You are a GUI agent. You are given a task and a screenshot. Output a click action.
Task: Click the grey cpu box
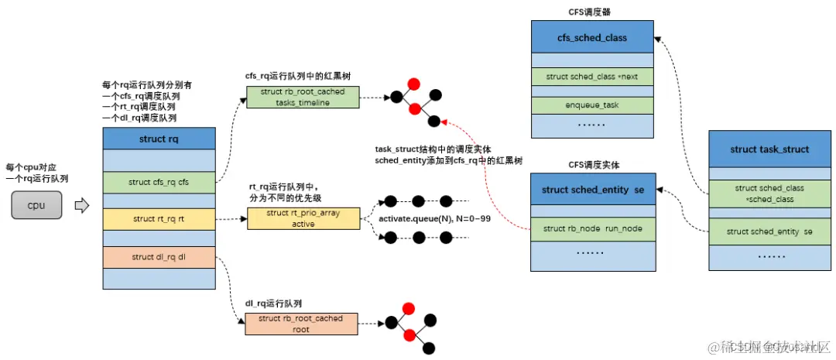pos(36,206)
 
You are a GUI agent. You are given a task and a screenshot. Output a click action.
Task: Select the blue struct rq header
pos(159,139)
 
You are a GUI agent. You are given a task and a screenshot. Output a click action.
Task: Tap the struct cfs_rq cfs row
pos(159,182)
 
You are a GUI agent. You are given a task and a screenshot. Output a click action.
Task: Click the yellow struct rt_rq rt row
pos(159,220)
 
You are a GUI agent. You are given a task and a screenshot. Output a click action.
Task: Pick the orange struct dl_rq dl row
pos(159,257)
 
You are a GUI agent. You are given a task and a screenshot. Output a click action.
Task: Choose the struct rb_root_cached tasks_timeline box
pos(303,97)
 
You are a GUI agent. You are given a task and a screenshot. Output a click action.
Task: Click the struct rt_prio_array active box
pos(303,218)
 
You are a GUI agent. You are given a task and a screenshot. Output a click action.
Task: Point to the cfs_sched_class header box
pos(592,37)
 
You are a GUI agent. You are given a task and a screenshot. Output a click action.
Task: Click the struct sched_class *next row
pos(592,77)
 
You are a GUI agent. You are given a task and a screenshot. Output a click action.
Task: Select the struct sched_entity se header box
pos(592,190)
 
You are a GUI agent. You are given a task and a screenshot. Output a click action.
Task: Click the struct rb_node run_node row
pos(592,228)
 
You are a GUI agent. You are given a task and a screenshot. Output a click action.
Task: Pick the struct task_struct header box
pos(769,149)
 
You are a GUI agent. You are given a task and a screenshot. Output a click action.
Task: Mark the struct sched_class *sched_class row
pos(769,193)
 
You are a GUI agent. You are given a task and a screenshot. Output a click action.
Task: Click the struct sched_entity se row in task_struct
pos(769,231)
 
